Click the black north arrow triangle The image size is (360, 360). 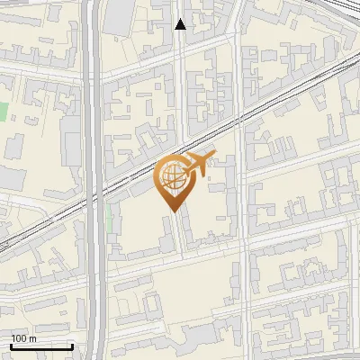click(x=180, y=24)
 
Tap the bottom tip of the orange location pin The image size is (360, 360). click(x=171, y=209)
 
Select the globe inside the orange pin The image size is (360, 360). click(x=171, y=176)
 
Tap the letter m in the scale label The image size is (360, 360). click(x=33, y=338)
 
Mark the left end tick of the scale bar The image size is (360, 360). click(x=11, y=346)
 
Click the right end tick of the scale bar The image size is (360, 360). click(x=72, y=346)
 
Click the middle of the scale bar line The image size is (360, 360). click(x=41, y=347)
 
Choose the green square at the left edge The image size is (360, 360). click(x=3, y=113)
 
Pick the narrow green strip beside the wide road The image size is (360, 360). click(x=110, y=216)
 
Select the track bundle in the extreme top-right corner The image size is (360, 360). click(x=346, y=7)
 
